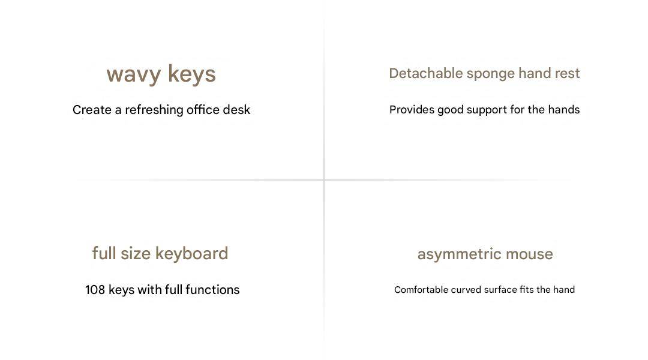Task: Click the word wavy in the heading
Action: (133, 75)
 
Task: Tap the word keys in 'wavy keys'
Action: (192, 74)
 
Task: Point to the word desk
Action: (236, 110)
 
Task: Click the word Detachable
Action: (425, 73)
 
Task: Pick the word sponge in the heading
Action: (491, 74)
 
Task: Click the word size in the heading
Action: (136, 253)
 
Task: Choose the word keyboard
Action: (192, 254)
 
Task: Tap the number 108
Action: (95, 290)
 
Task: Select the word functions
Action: (212, 290)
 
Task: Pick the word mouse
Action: (529, 254)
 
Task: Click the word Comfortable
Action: (421, 290)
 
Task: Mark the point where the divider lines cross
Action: (324, 180)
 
